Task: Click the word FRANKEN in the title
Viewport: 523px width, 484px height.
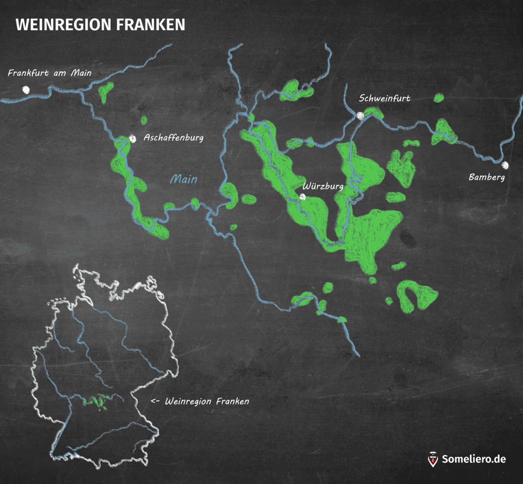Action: tap(150, 25)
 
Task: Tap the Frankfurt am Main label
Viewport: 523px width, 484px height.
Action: tap(50, 73)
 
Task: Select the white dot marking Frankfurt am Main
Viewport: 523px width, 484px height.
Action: tap(26, 90)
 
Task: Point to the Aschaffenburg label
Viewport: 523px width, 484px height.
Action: tap(173, 137)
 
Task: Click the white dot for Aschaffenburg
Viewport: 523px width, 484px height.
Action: tap(133, 139)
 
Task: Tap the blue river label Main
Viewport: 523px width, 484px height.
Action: tap(184, 179)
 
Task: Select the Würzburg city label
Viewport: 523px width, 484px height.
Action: tap(323, 186)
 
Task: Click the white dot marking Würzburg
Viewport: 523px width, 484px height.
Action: tap(303, 197)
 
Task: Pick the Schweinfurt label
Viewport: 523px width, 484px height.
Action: tap(384, 98)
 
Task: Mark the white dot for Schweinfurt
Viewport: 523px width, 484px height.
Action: tap(360, 115)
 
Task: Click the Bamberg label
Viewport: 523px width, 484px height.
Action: tap(486, 177)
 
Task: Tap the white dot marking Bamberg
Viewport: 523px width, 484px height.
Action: tap(505, 165)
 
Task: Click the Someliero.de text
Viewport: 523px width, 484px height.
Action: tap(473, 459)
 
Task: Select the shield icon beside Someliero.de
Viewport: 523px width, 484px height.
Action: tap(433, 459)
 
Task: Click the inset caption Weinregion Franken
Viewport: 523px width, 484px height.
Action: tap(207, 401)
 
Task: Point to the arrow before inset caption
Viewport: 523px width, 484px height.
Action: tap(155, 401)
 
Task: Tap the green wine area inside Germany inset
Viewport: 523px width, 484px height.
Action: tap(94, 401)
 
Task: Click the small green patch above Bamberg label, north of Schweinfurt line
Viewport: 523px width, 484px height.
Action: tap(439, 98)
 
